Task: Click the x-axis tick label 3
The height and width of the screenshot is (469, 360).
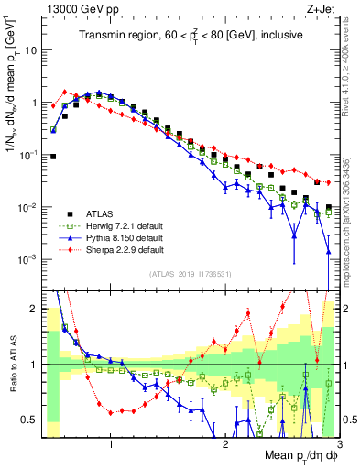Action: (x=339, y=444)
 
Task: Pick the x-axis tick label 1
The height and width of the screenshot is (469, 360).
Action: (x=111, y=444)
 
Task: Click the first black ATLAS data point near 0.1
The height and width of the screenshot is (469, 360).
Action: (x=53, y=157)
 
